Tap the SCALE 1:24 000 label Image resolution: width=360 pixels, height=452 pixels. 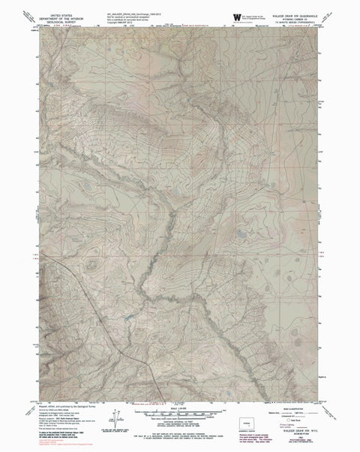(179, 406)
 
